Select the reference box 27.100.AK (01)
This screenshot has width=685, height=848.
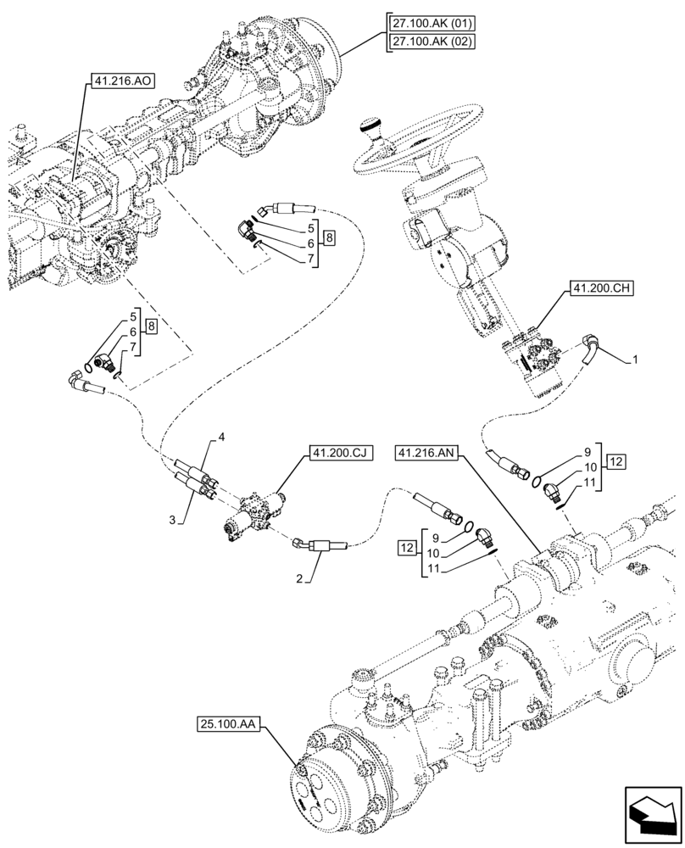coord(432,23)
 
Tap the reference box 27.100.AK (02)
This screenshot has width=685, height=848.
coord(432,42)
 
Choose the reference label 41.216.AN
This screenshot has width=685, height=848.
coord(426,455)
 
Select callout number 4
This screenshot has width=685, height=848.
coord(221,436)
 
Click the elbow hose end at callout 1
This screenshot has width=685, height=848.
coord(592,349)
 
